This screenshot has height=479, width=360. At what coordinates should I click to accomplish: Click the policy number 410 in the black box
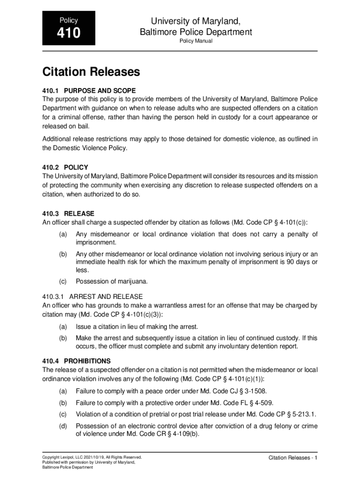pos(69,34)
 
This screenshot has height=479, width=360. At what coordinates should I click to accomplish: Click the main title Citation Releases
pos(91,72)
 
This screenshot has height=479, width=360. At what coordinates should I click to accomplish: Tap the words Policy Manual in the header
pos(196,41)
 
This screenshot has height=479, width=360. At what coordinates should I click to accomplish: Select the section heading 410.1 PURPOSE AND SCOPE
pos(89,90)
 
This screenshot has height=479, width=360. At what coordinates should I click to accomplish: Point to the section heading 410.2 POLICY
pos(65,167)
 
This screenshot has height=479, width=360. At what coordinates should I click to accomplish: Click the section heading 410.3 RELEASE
pos(68,213)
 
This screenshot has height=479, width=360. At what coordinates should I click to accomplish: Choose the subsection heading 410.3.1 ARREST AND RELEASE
pos(93,297)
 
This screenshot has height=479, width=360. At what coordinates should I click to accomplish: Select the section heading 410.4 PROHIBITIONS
pos(76,361)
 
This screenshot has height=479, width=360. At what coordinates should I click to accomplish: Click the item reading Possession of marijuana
pos(112,281)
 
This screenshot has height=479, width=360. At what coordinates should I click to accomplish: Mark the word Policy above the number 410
pos(69,21)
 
